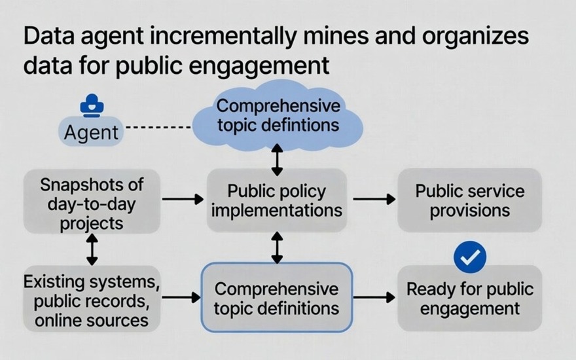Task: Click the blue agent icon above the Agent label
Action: (92, 106)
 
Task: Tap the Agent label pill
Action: (91, 132)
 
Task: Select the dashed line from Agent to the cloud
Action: (158, 128)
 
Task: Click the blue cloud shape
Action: (278, 116)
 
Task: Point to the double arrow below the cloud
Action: (277, 160)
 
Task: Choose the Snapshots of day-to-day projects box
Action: (92, 202)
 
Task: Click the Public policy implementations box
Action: (277, 200)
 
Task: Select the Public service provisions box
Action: (470, 200)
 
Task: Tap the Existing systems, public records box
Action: (92, 298)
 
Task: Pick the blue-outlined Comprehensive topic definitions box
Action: (277, 298)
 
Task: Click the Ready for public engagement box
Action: (470, 298)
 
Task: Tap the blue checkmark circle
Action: (470, 257)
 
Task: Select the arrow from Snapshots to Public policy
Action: (183, 199)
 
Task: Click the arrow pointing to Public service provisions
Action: (374, 199)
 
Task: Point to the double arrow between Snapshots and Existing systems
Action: (92, 249)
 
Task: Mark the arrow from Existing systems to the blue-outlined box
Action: (181, 297)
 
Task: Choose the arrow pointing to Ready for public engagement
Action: (374, 297)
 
